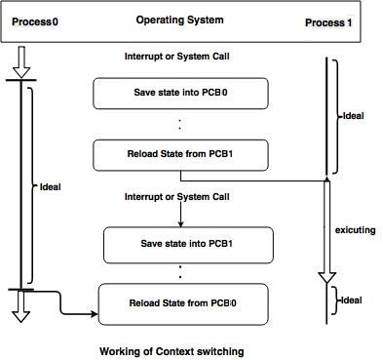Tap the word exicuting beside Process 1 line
pyautogui.click(x=357, y=229)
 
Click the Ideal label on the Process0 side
pyautogui.click(x=50, y=186)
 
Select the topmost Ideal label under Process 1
pyautogui.click(x=355, y=115)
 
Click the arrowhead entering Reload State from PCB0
pyautogui.click(x=94, y=315)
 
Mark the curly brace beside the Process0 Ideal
pyautogui.click(x=33, y=185)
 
